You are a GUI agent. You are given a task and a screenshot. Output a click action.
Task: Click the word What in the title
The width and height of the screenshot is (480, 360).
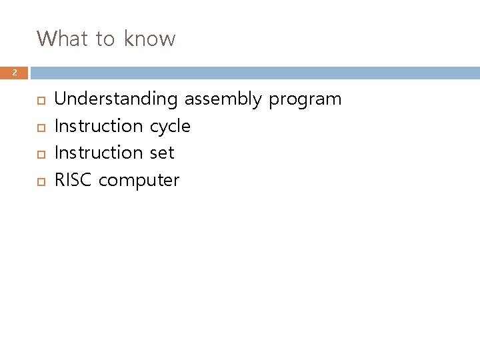point(63,39)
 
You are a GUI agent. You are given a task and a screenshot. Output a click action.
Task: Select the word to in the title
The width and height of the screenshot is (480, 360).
point(105,39)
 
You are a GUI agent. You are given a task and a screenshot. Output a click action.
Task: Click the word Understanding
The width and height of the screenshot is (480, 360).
point(115,100)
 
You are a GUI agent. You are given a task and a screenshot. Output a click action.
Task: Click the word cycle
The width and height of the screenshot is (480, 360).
point(170,127)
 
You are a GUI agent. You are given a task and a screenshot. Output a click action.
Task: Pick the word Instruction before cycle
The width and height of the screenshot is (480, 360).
point(98,126)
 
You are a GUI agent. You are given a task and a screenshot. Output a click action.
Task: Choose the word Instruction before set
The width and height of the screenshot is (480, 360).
point(98,153)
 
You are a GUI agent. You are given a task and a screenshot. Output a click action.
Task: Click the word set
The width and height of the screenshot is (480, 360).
point(161,153)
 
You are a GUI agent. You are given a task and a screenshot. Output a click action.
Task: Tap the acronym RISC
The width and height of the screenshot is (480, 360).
point(74,180)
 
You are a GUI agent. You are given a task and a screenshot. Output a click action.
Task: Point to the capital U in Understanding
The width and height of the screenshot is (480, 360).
point(59,99)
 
